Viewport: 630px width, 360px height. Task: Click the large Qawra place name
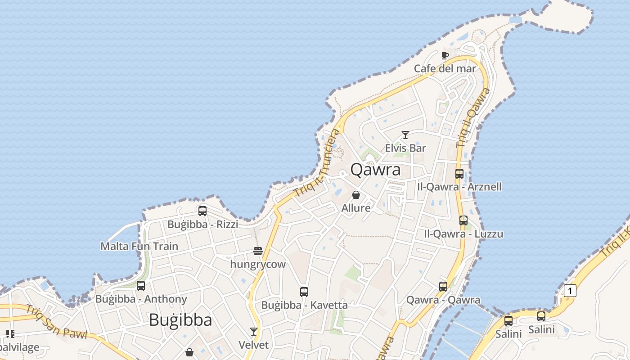coord(375,170)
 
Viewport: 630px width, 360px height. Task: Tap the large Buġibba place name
coord(180,320)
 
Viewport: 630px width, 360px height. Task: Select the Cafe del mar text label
coord(445,68)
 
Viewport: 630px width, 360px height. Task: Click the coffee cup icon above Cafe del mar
coord(445,56)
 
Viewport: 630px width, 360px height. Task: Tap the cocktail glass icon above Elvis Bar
coord(405,135)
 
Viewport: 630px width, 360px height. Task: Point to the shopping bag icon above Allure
coord(356,195)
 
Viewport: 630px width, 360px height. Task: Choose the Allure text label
coord(356,208)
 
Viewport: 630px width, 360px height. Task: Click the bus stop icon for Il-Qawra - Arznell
coord(459,174)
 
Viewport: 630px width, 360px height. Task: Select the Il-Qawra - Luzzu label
coord(463,234)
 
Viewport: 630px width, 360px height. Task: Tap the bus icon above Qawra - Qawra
coord(443,287)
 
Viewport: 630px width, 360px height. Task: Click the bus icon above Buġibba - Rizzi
coord(202,211)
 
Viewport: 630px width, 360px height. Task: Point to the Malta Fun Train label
coord(139,247)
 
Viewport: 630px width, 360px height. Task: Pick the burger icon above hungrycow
coord(258,251)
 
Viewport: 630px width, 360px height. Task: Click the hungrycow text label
coord(258,264)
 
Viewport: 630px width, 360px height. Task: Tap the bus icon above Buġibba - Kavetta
coord(304,292)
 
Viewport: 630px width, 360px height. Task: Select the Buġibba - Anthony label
coord(141,299)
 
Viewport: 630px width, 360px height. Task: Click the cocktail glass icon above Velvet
coord(254,332)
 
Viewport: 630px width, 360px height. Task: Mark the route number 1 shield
coord(570,291)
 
